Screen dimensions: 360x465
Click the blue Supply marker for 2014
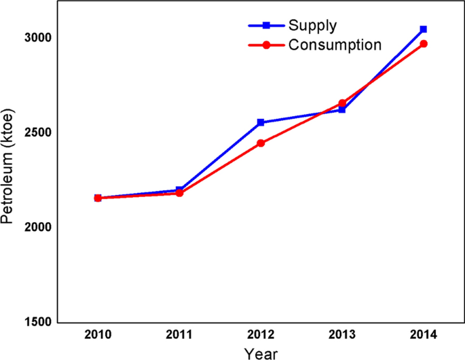click(424, 29)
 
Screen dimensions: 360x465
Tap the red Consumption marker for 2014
click(424, 44)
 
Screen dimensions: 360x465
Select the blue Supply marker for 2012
click(261, 123)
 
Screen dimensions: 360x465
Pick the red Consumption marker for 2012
click(261, 143)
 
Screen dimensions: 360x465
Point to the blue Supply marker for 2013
click(342, 109)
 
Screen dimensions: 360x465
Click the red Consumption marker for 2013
click(342, 103)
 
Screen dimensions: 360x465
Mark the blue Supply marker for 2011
click(179, 190)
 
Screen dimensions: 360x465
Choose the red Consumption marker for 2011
click(179, 194)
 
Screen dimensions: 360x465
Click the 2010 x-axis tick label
click(98, 334)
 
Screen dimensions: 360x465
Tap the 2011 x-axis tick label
click(179, 334)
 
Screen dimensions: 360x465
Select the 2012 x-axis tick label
click(261, 334)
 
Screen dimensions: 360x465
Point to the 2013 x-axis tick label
click(342, 334)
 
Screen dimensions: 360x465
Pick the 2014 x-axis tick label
click(424, 334)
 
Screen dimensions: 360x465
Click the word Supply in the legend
click(313, 26)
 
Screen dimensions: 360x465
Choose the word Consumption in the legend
click(335, 46)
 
